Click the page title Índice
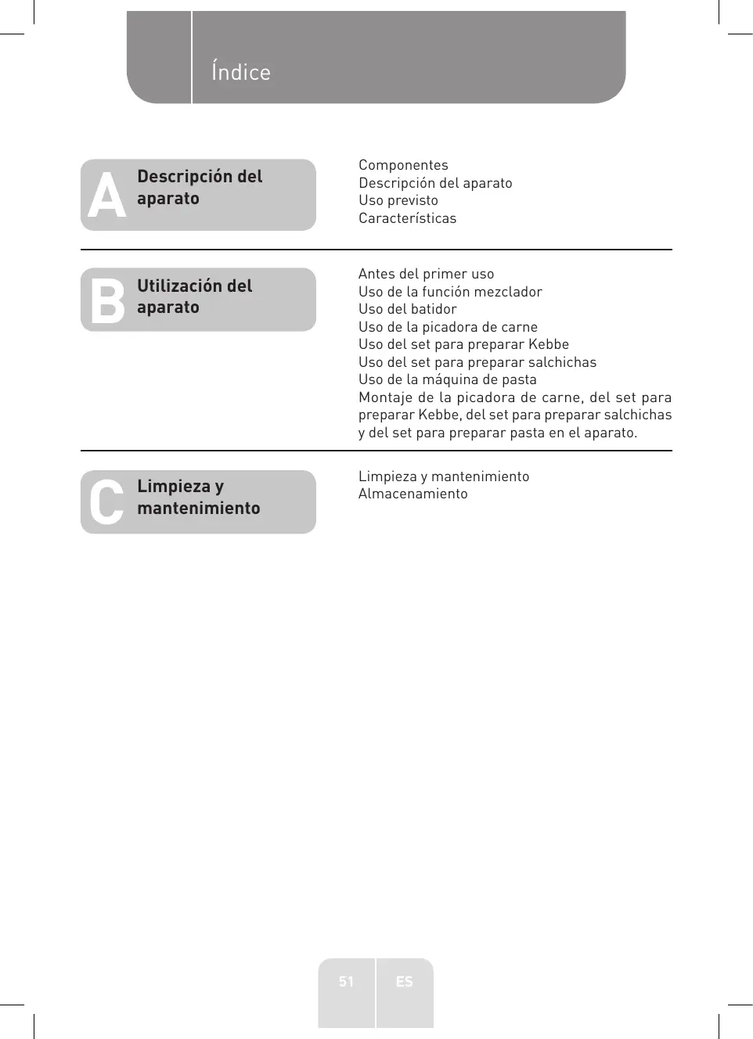(x=240, y=72)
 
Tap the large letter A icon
(x=106, y=196)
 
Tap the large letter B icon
(x=107, y=300)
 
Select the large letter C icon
(x=106, y=502)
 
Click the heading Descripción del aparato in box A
(x=200, y=188)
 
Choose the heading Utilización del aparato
(x=194, y=297)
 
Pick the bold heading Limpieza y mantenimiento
(x=198, y=497)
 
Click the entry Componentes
(x=403, y=165)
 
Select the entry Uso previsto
(x=398, y=200)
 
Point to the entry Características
(x=407, y=218)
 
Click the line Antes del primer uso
(x=426, y=274)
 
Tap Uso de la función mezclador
(x=450, y=292)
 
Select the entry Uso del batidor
(x=407, y=309)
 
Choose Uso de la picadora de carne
(x=448, y=327)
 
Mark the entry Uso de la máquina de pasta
(x=447, y=379)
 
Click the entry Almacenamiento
(x=413, y=494)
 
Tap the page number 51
(x=346, y=981)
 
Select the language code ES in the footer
(x=404, y=981)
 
